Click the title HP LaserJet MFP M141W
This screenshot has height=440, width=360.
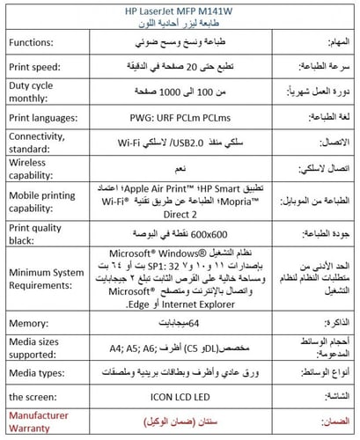[179, 10]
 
